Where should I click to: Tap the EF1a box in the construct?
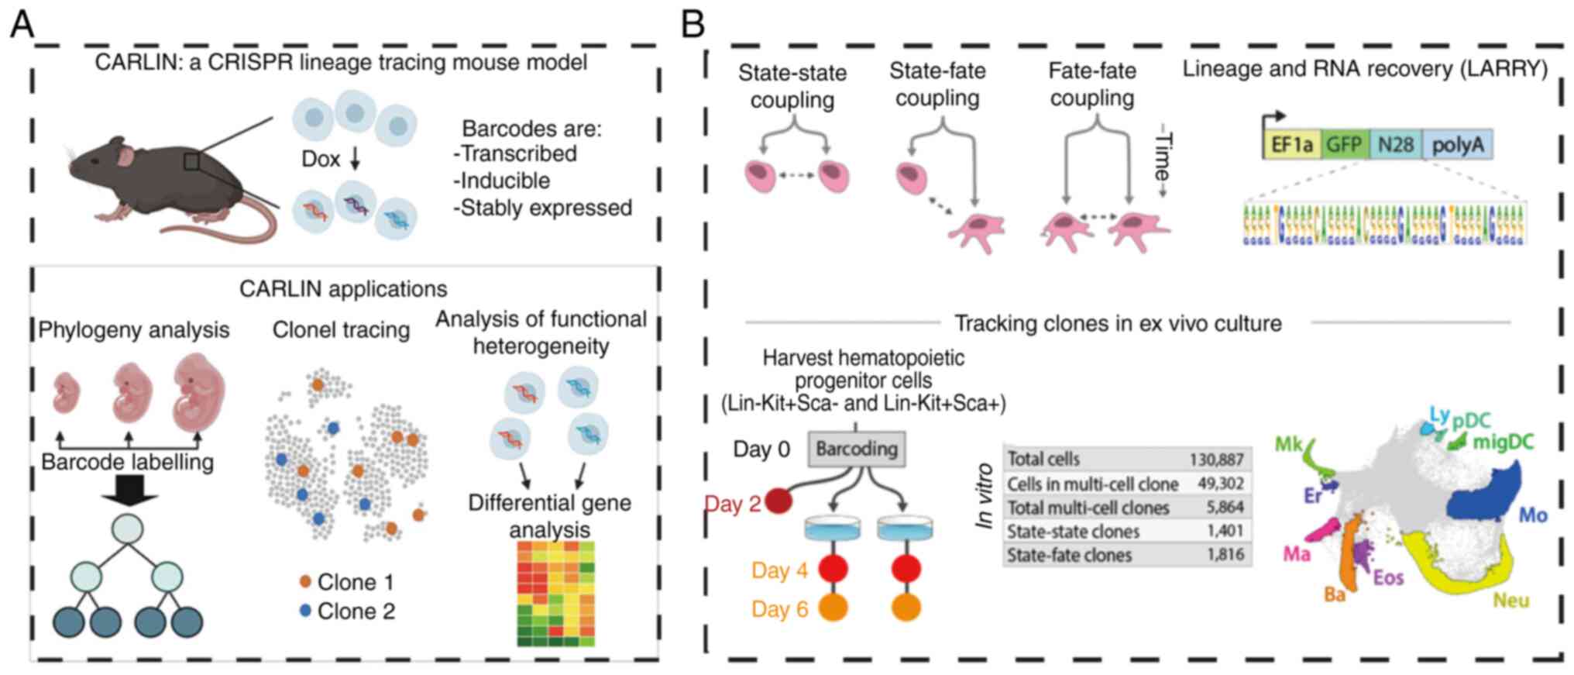[1291, 145]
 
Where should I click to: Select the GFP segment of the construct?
[1344, 145]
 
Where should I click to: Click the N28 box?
[1396, 145]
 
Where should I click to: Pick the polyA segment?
[1457, 145]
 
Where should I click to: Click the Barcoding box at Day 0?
[856, 449]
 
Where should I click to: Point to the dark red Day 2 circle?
[778, 502]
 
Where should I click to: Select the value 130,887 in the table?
[1216, 460]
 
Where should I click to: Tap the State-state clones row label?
[1073, 532]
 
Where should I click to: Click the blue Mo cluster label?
[1533, 515]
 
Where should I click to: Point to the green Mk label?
[1289, 444]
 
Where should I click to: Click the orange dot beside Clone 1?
[305, 581]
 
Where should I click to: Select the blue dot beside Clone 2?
[305, 611]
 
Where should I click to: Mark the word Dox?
[320, 159]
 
